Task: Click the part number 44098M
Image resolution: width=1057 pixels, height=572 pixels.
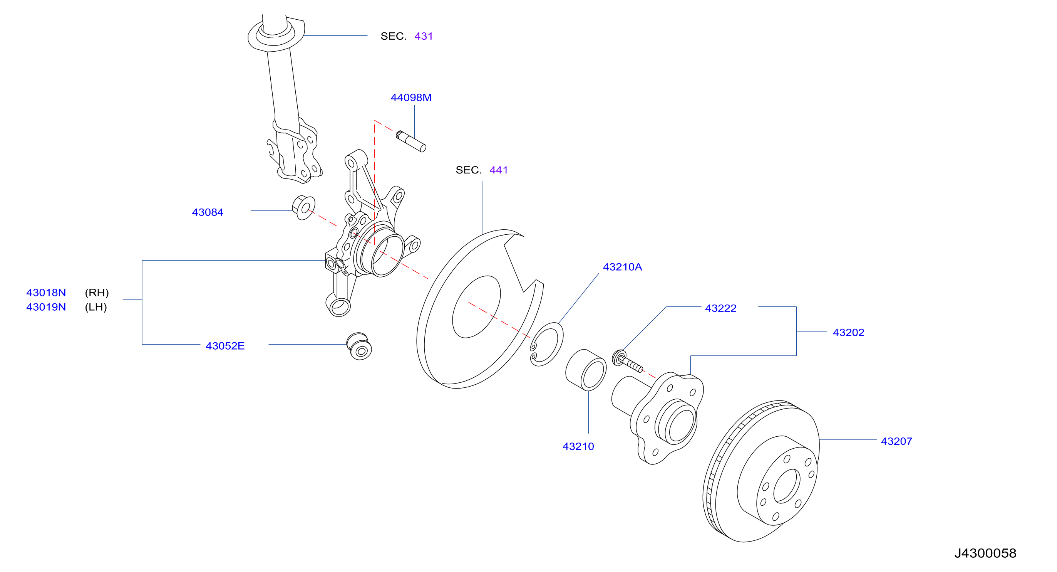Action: [411, 98]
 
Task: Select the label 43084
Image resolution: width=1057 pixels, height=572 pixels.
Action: [208, 212]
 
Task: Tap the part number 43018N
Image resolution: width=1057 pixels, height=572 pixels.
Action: [46, 293]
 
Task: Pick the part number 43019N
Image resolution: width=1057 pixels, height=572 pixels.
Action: [46, 307]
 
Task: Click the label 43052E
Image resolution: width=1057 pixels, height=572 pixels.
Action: [225, 346]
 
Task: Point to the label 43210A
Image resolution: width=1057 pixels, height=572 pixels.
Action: [623, 267]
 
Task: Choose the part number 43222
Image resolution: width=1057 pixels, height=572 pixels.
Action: [721, 308]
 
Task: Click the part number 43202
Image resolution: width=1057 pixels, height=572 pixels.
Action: [849, 333]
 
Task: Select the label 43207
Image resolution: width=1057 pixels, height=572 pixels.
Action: [896, 441]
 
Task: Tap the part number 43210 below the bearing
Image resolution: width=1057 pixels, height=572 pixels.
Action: [578, 447]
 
